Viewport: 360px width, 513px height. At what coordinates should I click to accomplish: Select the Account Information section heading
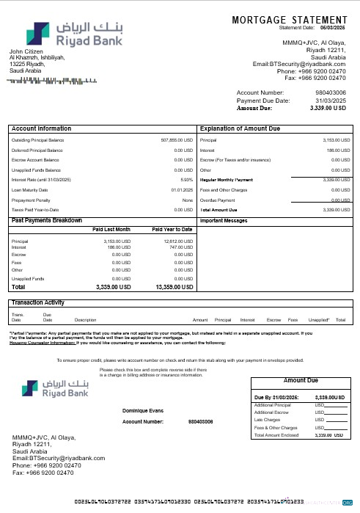42,127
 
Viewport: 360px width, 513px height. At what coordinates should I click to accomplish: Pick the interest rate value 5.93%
186,179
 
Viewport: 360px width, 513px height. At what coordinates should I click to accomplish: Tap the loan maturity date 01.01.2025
182,189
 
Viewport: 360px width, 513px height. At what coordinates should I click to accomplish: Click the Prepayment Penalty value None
188,200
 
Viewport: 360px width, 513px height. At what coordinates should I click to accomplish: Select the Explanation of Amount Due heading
241,127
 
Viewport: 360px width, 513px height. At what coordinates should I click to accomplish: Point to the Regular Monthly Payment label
226,179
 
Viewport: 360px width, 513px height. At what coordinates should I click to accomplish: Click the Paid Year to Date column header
172,229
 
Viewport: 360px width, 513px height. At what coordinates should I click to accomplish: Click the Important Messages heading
223,219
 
